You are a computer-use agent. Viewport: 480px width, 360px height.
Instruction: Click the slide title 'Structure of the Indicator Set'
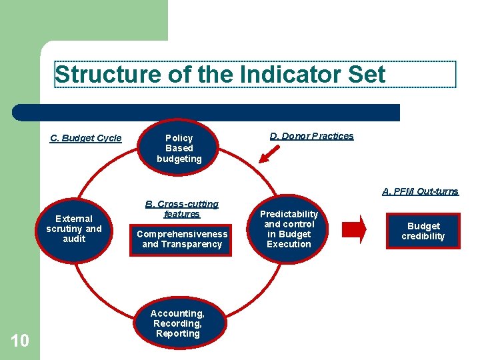[220, 75]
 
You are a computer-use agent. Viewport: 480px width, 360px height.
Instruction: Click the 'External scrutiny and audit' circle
[74, 229]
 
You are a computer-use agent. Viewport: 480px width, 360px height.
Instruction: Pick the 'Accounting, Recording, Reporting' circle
[177, 323]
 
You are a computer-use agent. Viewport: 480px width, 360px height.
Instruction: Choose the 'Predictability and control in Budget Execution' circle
[289, 229]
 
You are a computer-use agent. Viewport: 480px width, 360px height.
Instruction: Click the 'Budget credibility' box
[423, 231]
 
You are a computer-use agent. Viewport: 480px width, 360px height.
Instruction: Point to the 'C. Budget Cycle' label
[86, 139]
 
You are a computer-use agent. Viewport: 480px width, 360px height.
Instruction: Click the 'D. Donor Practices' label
[311, 136]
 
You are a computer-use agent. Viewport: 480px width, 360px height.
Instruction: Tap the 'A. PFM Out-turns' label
[420, 191]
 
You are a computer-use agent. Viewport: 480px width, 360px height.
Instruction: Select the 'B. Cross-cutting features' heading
[181, 209]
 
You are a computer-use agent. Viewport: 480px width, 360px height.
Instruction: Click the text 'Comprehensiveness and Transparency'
[181, 239]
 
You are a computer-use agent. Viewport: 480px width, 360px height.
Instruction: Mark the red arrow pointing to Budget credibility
[357, 229]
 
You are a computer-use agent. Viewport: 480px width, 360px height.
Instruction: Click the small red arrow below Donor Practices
[269, 155]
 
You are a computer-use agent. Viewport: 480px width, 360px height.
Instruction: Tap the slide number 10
[20, 341]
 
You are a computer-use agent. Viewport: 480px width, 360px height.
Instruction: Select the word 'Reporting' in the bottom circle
[177, 333]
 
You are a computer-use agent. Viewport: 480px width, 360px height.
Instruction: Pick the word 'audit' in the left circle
[74, 239]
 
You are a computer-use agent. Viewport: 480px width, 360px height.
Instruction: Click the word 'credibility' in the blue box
[423, 237]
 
